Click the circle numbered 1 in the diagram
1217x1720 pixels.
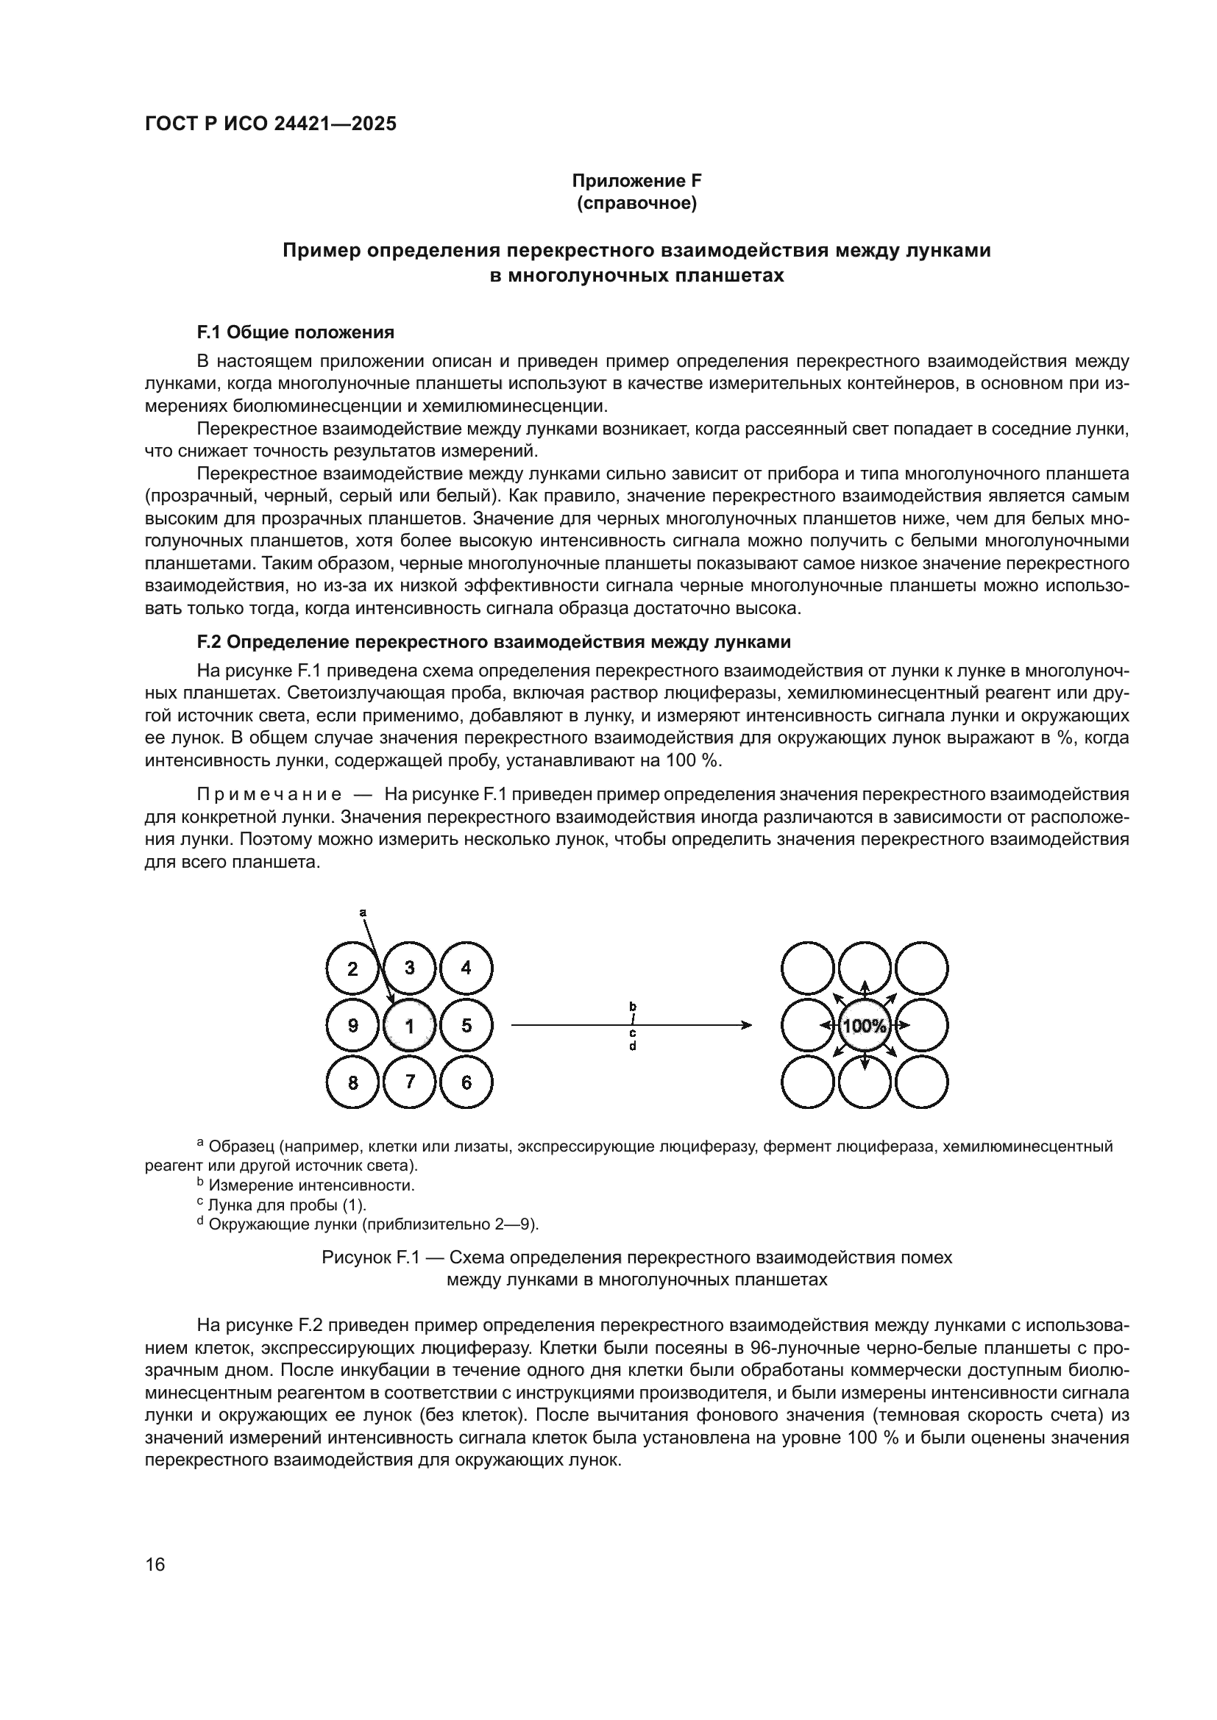pyautogui.click(x=409, y=1026)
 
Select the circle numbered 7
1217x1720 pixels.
pyautogui.click(x=409, y=1081)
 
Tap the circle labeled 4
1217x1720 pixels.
pyautogui.click(x=466, y=968)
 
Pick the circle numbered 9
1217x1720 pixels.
pyautogui.click(x=353, y=1026)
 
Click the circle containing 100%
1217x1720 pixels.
pyautogui.click(x=864, y=1026)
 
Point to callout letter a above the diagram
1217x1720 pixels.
pyautogui.click(x=363, y=913)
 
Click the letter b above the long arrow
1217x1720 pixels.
pyautogui.click(x=633, y=1006)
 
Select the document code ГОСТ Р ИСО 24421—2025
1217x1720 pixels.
pyautogui.click(x=271, y=124)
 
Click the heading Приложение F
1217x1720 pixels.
pyautogui.click(x=636, y=181)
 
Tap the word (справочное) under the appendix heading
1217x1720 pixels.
pyautogui.click(x=636, y=204)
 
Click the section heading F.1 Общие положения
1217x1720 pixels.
pyautogui.click(x=295, y=332)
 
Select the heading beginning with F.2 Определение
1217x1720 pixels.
pyautogui.click(x=494, y=642)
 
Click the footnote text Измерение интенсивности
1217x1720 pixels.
pyautogui.click(x=311, y=1185)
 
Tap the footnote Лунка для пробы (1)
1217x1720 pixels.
pyautogui.click(x=287, y=1205)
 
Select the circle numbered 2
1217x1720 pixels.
pyautogui.click(x=353, y=968)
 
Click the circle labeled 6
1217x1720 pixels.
pyautogui.click(x=466, y=1082)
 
